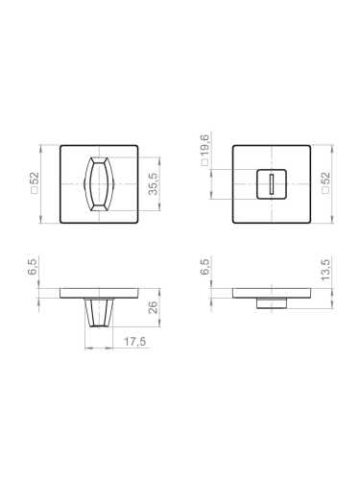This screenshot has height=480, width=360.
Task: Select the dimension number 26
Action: pyautogui.click(x=153, y=309)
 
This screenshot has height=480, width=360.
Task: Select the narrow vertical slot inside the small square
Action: pyautogui.click(x=271, y=182)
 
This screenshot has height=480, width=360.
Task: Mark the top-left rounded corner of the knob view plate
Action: pyautogui.click(x=63, y=147)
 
